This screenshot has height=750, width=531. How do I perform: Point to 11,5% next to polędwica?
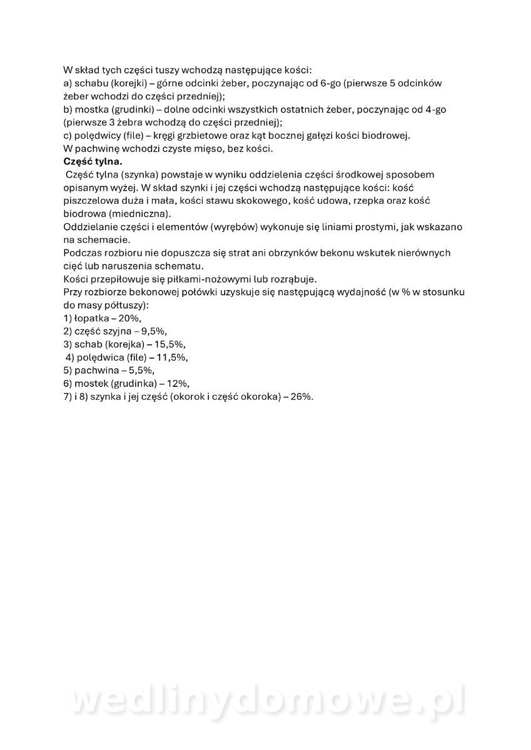[x=174, y=357]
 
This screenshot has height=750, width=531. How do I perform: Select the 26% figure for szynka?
[x=301, y=397]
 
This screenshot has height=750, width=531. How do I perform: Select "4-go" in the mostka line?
[x=434, y=109]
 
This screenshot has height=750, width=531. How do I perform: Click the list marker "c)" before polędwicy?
[x=68, y=136]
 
